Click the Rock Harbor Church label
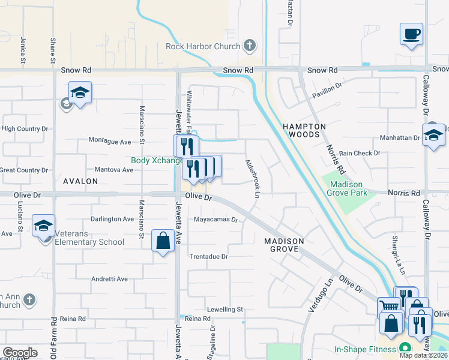click(203, 46)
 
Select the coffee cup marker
click(412, 34)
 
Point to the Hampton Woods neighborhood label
click(304, 131)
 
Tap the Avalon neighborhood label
click(80, 181)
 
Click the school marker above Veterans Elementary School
click(43, 226)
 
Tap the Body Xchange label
click(157, 161)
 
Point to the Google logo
click(20, 353)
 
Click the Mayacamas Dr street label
click(216, 220)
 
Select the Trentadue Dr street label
click(209, 257)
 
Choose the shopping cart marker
click(388, 307)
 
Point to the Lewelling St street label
click(224, 310)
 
